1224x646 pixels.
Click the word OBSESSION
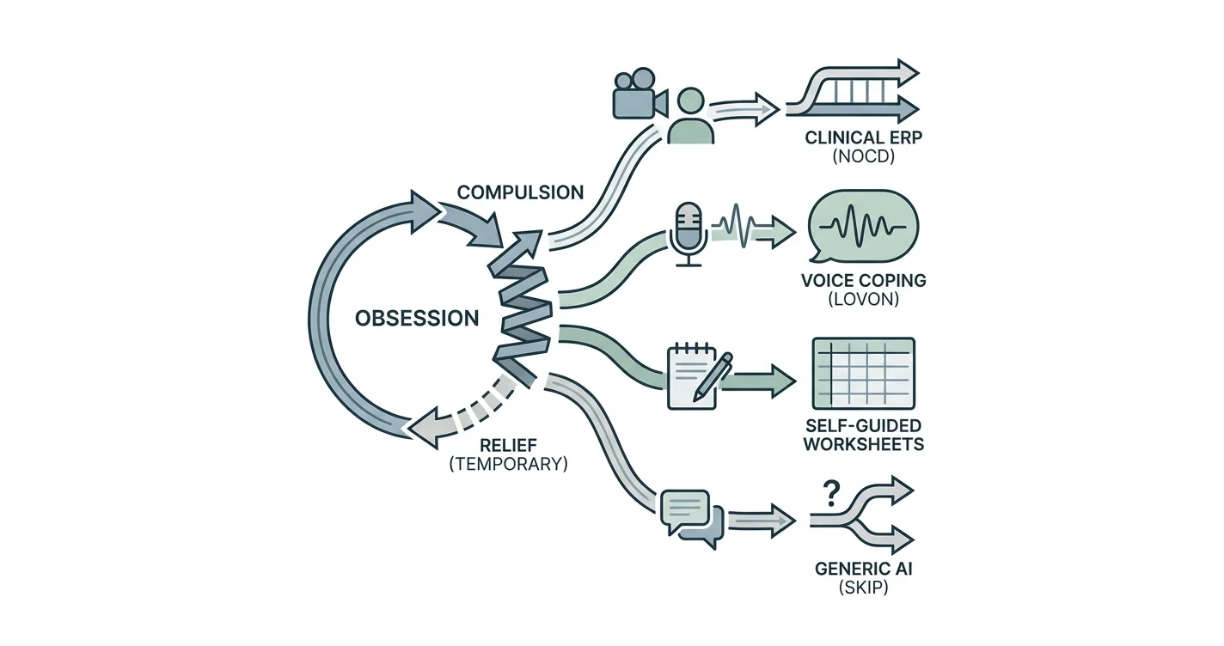coord(417,318)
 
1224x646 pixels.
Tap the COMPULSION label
coord(520,192)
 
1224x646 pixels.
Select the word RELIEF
coord(508,444)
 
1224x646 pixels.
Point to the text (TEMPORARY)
coord(508,464)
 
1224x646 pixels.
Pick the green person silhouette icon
coord(691,116)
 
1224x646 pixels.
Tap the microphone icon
coord(688,235)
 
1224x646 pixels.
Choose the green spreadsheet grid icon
coord(863,373)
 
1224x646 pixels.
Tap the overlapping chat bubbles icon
coord(692,519)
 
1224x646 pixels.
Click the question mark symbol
coord(831,493)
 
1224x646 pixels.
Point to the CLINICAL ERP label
coord(863,137)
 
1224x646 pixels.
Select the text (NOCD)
coord(863,156)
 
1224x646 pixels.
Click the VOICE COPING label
coord(863,281)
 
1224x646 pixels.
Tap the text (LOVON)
coord(863,299)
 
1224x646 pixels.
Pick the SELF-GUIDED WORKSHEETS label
coord(863,435)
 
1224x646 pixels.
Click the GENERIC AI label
coord(863,569)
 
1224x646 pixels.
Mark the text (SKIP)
coord(863,588)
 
